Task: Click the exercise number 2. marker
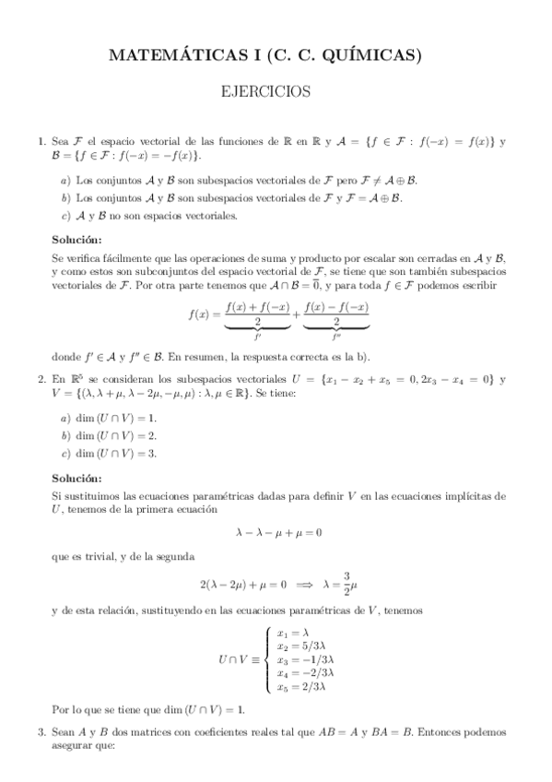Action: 41,379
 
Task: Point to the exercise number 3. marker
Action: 41,732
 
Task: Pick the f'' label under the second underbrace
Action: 336,338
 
